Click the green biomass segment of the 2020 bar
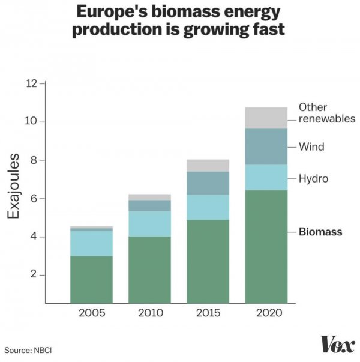point(266,246)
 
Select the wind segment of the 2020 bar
point(266,146)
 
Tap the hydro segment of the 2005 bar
point(91,243)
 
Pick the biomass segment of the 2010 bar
point(149,270)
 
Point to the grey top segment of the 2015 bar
point(208,165)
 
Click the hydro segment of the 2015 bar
point(208,207)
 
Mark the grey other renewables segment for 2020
point(266,118)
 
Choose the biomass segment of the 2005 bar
point(91,279)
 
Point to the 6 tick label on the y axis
point(34,199)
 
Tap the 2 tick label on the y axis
point(34,275)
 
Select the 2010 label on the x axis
point(149,313)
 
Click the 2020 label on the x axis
point(266,313)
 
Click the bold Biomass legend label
point(320,232)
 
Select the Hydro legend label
point(313,178)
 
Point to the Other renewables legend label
point(326,113)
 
